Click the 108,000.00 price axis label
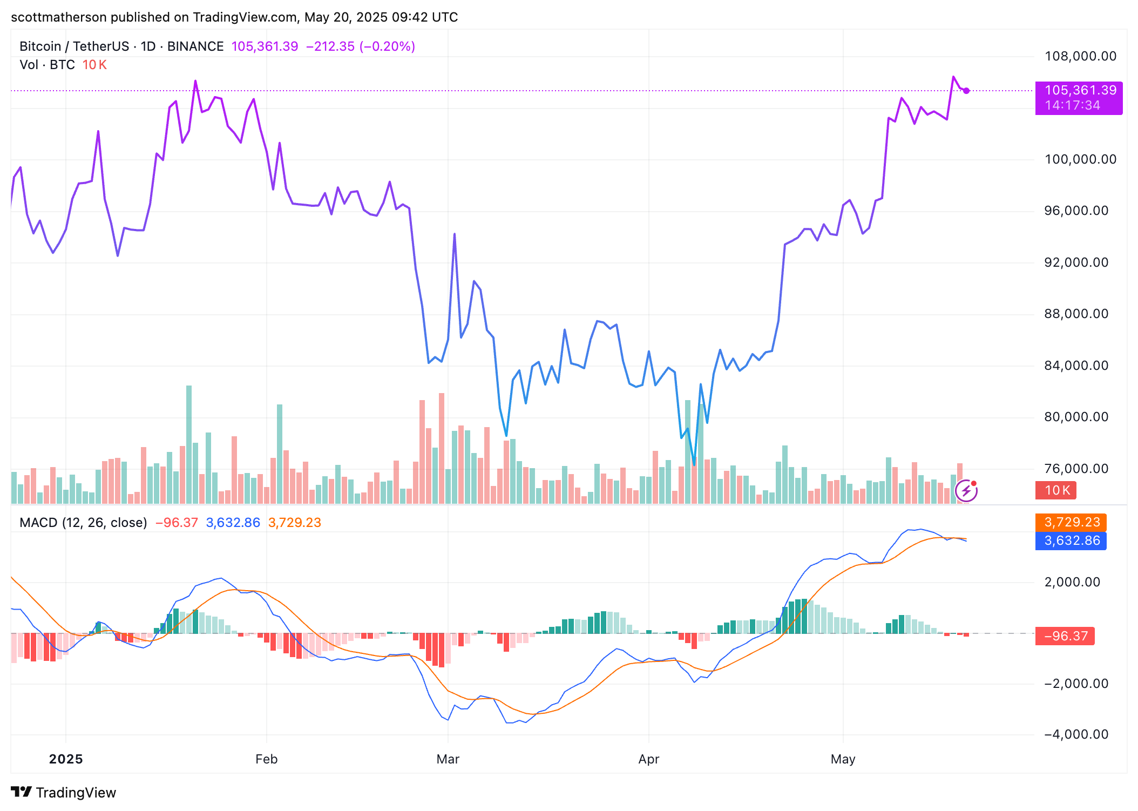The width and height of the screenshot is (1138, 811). coord(1080,56)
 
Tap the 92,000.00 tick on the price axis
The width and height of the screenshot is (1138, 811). coord(1076,262)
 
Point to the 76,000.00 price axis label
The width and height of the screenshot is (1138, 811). coord(1076,469)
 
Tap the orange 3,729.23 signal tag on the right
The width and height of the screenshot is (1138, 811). coord(1071,522)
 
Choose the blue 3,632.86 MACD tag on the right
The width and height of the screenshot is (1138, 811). coord(1071,540)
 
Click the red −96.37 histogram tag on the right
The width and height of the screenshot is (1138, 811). coord(1065,636)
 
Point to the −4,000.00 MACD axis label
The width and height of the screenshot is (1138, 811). coord(1076,734)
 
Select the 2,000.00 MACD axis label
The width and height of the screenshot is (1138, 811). coord(1072,582)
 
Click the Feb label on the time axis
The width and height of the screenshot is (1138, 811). coord(266,759)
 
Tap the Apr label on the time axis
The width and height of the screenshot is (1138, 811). coord(648,759)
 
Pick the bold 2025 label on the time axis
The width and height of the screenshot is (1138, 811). coord(66,759)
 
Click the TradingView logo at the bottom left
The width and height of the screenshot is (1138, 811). coord(64,792)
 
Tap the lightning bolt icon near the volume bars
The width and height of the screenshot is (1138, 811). coord(966,491)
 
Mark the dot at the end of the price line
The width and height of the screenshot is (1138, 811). coord(966,91)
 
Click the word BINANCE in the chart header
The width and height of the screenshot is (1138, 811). coord(195,46)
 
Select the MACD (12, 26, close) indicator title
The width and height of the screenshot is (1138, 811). coord(83,523)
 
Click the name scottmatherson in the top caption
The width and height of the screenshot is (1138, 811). coord(59,17)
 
